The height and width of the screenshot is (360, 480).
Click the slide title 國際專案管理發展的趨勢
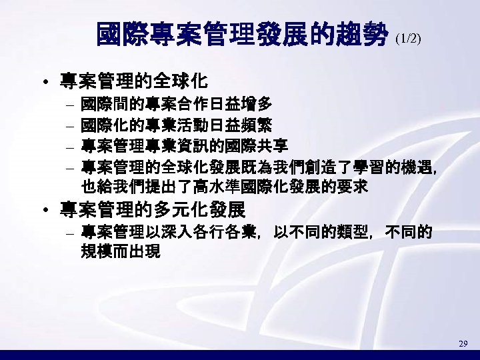(243, 34)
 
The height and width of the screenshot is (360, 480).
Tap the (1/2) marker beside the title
(408, 39)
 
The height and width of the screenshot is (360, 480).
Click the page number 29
(463, 343)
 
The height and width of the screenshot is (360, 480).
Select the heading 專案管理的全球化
(134, 83)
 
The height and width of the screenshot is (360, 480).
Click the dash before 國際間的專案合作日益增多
(71, 105)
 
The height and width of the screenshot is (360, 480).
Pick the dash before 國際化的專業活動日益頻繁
(71, 125)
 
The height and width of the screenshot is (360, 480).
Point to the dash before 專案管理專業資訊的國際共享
(71, 146)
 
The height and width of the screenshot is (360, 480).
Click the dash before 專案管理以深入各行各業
(71, 234)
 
